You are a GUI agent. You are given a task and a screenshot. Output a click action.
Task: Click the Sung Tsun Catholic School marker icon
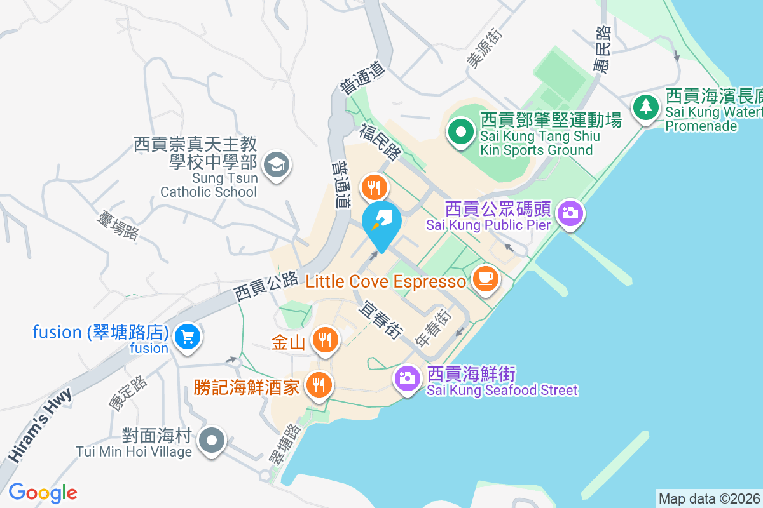[276, 164]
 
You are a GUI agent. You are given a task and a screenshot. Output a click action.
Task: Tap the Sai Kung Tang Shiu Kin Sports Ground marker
[461, 133]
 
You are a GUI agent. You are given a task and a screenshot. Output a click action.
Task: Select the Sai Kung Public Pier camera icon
[570, 213]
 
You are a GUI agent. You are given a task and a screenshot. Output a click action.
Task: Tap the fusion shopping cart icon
[188, 336]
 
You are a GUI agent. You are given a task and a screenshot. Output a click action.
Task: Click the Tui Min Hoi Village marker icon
[212, 439]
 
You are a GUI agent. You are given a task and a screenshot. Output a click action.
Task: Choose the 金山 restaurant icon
[325, 340]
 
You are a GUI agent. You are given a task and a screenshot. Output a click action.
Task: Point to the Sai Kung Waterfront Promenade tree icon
[646, 105]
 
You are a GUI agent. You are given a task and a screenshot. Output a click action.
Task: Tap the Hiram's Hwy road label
[40, 425]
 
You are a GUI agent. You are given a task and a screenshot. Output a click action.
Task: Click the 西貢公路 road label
[266, 286]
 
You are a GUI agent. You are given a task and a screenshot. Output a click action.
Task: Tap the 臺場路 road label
[118, 227]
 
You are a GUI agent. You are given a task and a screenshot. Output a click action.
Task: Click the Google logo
[43, 492]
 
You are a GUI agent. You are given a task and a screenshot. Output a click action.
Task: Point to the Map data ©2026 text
[708, 498]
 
